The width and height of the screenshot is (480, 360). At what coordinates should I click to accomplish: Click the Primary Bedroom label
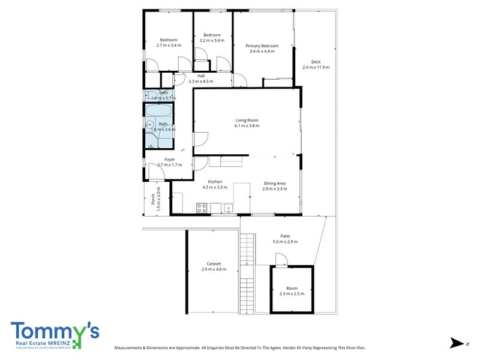[x=262, y=46]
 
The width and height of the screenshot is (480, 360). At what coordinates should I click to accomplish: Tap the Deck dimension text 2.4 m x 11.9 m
[x=316, y=67]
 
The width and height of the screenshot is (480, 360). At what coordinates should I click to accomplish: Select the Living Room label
[x=247, y=120]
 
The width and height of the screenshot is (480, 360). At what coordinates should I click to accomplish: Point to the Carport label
[x=214, y=263]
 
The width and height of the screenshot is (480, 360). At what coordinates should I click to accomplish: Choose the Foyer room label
[x=162, y=160]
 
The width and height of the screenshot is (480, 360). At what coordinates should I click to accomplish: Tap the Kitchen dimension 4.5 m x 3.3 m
[x=215, y=188]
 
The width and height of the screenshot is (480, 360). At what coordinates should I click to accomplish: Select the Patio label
[x=285, y=236]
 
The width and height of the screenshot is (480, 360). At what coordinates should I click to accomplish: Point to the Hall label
[x=201, y=76]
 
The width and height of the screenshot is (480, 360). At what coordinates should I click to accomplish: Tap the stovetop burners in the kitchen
[x=202, y=208]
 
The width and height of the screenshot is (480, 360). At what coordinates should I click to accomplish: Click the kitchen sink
[x=228, y=209]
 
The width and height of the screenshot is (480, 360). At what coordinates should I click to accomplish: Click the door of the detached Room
[x=280, y=259]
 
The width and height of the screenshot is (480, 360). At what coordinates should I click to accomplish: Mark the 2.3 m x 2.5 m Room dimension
[x=292, y=293]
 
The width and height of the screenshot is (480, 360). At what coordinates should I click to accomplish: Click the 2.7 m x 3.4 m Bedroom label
[x=169, y=45]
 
